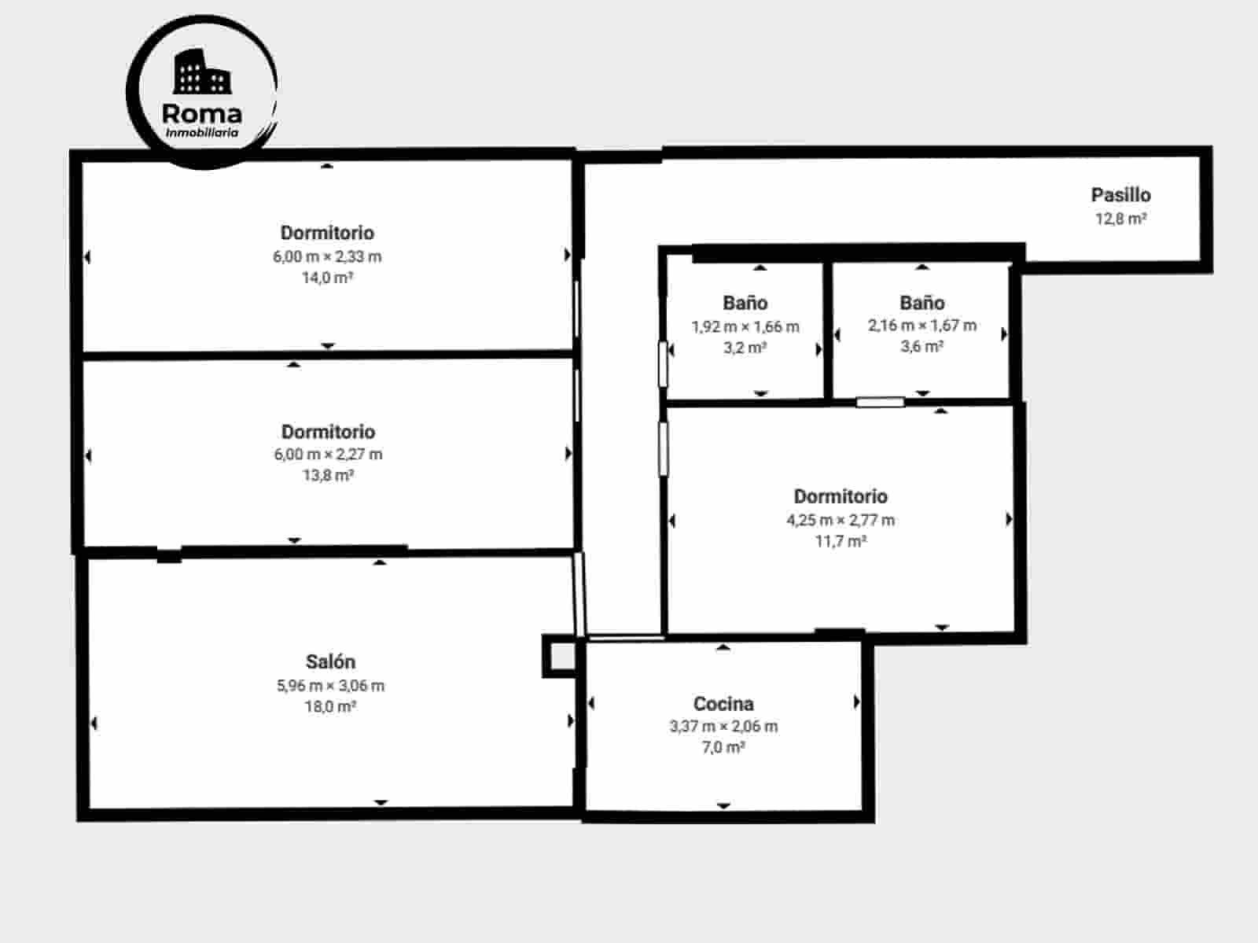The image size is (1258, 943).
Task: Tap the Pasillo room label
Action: pyautogui.click(x=1120, y=195)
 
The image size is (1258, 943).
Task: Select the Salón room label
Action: pyautogui.click(x=330, y=662)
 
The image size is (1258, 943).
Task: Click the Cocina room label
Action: pyautogui.click(x=723, y=704)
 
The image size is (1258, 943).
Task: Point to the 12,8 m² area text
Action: pyautogui.click(x=1120, y=219)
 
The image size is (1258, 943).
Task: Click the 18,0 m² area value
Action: pyautogui.click(x=330, y=707)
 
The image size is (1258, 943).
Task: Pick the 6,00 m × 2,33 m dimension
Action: pyautogui.click(x=327, y=256)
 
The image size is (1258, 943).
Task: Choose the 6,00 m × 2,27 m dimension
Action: pyautogui.click(x=328, y=455)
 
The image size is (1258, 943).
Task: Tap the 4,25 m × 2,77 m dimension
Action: pyautogui.click(x=841, y=520)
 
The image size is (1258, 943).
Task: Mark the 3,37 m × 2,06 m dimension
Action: pyautogui.click(x=723, y=727)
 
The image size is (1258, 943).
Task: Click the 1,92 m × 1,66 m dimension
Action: pyautogui.click(x=745, y=326)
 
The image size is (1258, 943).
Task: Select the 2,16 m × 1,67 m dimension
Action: pyautogui.click(x=922, y=326)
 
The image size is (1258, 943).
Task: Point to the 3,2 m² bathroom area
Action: pyautogui.click(x=745, y=348)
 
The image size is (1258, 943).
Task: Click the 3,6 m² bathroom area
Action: pyautogui.click(x=922, y=347)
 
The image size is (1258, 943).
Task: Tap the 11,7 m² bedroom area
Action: pyautogui.click(x=841, y=541)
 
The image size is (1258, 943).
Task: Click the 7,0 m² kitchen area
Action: pyautogui.click(x=723, y=748)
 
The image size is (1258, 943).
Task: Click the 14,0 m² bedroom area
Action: pyautogui.click(x=327, y=278)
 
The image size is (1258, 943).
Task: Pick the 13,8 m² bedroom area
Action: pyautogui.click(x=328, y=476)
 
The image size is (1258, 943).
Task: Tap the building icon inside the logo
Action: pyautogui.click(x=201, y=72)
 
